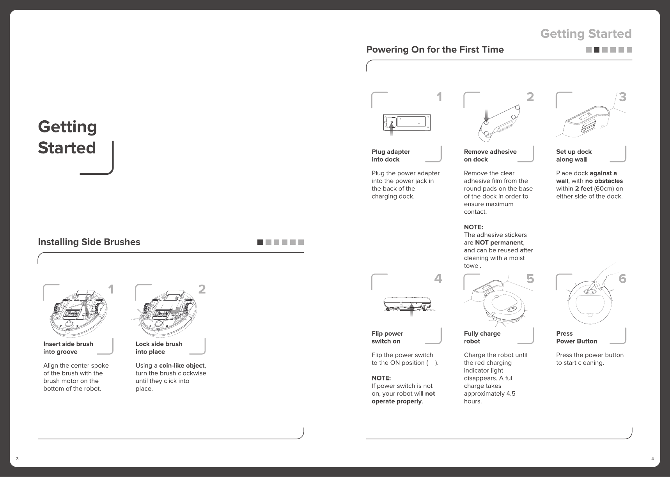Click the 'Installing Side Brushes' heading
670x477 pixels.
coord(89,242)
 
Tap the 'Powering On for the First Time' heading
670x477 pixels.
coord(435,50)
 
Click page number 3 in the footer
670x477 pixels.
coord(17,459)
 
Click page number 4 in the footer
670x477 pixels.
coord(652,459)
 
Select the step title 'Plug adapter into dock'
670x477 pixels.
coord(391,155)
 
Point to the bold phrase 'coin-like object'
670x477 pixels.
coord(182,366)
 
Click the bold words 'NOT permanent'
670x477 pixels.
coord(499,243)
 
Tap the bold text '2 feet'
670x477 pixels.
coord(583,189)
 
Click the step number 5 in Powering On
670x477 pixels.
coord(530,279)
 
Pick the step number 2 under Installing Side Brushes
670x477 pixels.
coord(202,289)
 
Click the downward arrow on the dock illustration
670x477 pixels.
coord(486,114)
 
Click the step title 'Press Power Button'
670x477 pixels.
coord(576,337)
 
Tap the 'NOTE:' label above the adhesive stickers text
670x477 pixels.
coord(473,227)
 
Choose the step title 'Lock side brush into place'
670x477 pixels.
coord(159,348)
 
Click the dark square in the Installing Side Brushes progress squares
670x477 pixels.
coord(260,242)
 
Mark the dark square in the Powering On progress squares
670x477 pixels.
coord(596,50)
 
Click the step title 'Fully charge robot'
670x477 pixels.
coord(482,337)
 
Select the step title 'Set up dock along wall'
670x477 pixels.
coord(574,155)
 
